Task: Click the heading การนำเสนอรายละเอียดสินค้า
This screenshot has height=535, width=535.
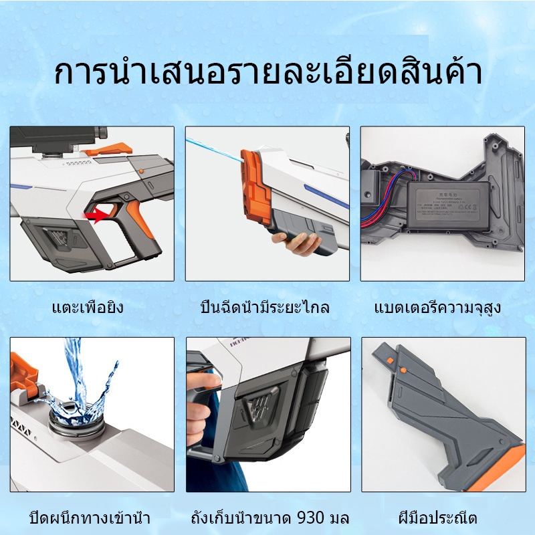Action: (x=267, y=74)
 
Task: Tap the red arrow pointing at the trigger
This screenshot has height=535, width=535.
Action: (x=96, y=215)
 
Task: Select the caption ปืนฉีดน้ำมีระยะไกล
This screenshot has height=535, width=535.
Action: (x=265, y=308)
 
